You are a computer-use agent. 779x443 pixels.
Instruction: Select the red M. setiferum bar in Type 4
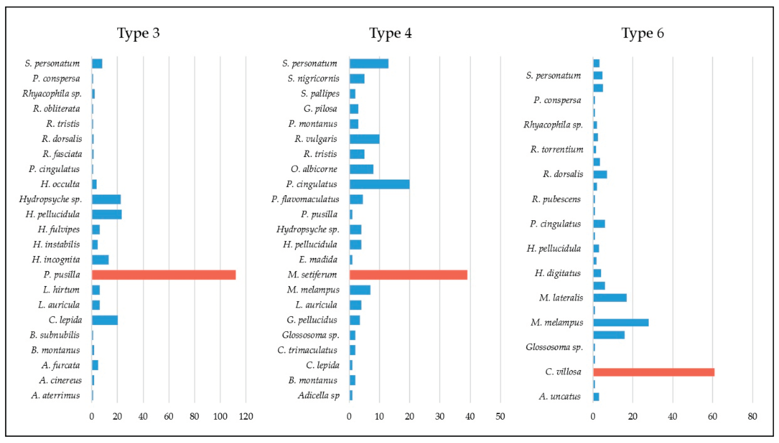pos(408,275)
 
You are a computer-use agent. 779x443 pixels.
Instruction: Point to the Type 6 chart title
pos(642,33)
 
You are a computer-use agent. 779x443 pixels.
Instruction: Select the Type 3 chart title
pos(138,33)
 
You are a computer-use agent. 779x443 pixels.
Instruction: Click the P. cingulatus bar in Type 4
pos(379,184)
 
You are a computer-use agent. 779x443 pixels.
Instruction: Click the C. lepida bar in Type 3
pos(105,320)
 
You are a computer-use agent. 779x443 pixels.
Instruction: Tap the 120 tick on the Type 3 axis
pos(246,416)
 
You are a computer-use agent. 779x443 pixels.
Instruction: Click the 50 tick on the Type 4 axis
pos(500,416)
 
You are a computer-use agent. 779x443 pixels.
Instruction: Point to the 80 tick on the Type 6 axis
pos(752,416)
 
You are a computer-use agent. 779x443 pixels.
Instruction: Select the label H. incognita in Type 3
pos(56,260)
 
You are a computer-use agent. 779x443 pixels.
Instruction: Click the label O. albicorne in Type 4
pos(314,169)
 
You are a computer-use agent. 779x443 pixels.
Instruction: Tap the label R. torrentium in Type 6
pos(556,149)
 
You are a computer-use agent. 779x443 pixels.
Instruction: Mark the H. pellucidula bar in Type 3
pos(107,214)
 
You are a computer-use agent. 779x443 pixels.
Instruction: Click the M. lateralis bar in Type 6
pos(610,298)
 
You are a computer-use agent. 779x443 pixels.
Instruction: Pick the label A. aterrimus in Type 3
pos(55,395)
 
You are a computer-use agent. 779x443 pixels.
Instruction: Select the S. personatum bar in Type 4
pos(369,64)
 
